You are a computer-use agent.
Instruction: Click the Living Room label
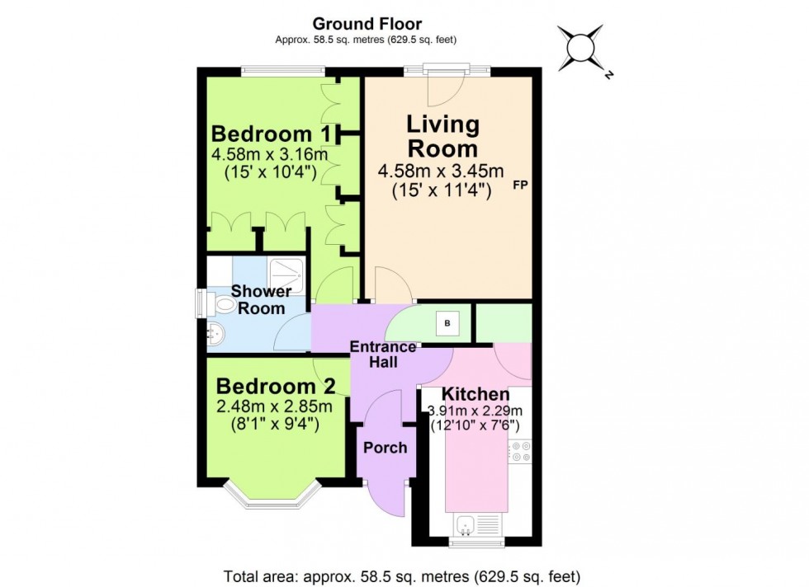click(442, 137)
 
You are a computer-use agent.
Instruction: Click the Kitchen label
click(475, 394)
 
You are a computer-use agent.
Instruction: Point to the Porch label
click(386, 448)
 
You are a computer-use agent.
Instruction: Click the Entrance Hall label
click(383, 355)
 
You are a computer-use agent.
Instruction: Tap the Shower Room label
click(261, 300)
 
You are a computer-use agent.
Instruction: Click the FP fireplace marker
click(520, 185)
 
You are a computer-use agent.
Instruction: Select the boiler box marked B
click(448, 323)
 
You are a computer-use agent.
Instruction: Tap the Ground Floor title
click(367, 24)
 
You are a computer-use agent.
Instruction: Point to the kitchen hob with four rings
click(520, 452)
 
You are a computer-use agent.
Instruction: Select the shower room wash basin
click(216, 335)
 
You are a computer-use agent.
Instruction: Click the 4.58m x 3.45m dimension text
click(441, 171)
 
